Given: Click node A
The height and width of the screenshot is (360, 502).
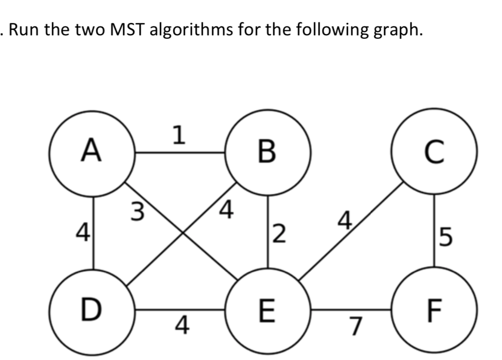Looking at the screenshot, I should click(x=91, y=151).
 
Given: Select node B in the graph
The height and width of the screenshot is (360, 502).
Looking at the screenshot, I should click(x=268, y=151).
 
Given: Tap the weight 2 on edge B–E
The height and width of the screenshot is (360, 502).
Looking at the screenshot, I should click(x=280, y=234).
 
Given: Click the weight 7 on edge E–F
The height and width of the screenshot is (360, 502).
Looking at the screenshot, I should click(x=354, y=327).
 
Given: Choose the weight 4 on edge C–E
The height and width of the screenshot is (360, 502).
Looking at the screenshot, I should click(x=345, y=219).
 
